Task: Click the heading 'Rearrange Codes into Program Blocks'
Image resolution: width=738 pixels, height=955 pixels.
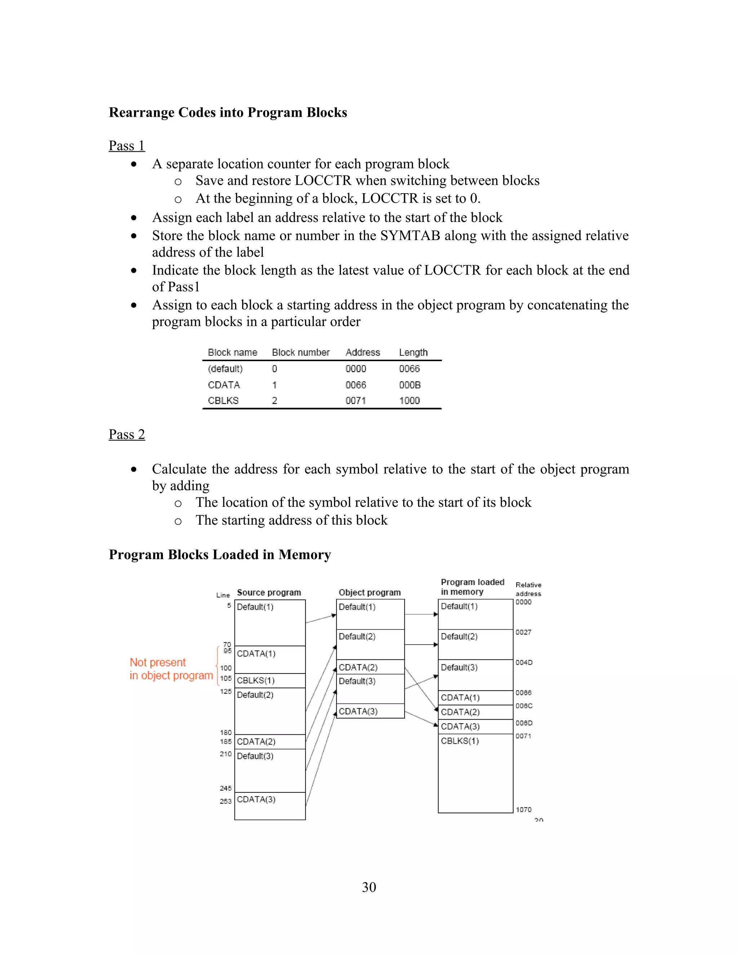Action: [228, 112]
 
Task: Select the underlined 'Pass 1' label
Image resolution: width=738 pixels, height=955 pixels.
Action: [126, 146]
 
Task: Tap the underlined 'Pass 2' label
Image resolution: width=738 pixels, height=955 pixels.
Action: [126, 434]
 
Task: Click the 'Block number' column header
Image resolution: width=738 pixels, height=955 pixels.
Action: [301, 352]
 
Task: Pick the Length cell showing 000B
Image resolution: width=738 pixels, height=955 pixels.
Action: [410, 385]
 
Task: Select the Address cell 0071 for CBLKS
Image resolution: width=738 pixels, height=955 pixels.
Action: [355, 400]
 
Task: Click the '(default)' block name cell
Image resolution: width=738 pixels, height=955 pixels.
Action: [225, 369]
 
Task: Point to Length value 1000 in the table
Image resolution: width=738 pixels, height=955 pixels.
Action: [409, 400]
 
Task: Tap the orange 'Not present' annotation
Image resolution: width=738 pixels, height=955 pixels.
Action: [158, 662]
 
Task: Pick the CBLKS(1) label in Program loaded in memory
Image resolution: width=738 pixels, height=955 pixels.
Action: [460, 741]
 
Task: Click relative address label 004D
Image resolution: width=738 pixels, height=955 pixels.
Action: [524, 662]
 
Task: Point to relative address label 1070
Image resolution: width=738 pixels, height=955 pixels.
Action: [523, 810]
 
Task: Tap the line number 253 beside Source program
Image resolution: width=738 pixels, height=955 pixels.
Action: [225, 801]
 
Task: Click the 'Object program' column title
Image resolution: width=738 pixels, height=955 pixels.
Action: [369, 592]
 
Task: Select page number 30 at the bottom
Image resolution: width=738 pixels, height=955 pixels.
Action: [369, 887]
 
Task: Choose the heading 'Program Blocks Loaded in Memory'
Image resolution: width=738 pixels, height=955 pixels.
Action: [220, 555]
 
